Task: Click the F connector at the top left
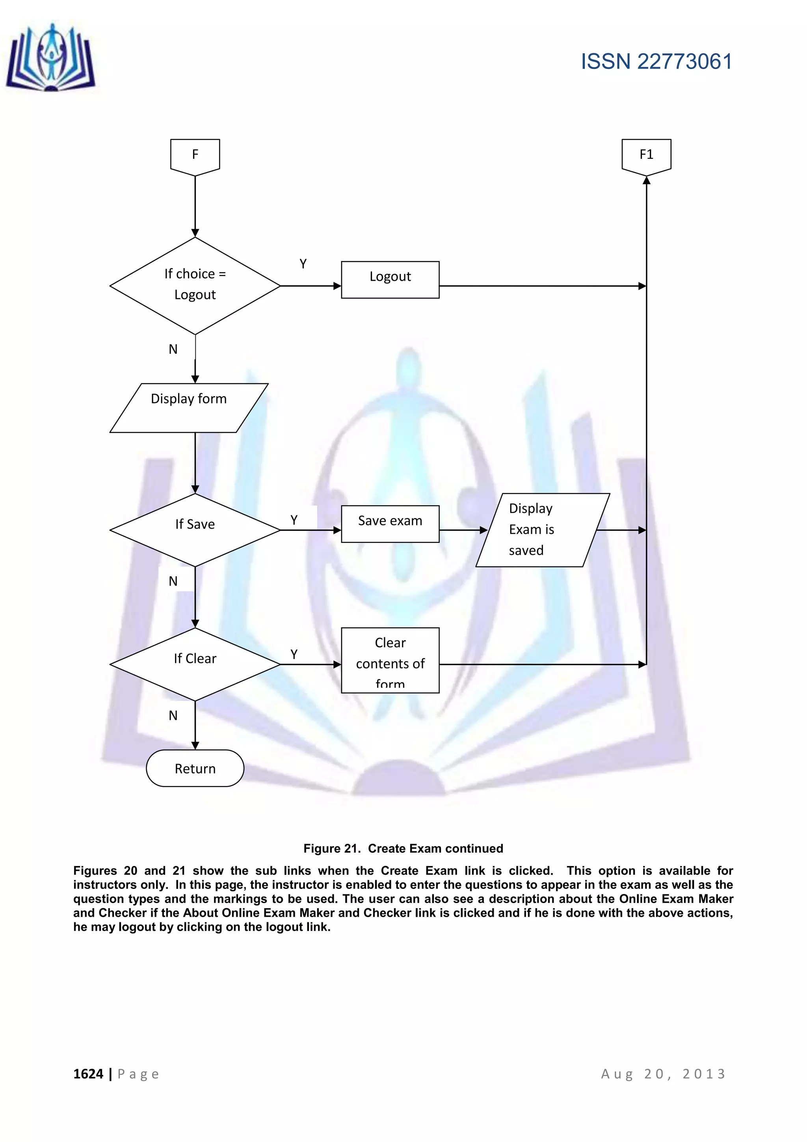pyautogui.click(x=195, y=156)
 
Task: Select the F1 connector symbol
pyautogui.click(x=646, y=156)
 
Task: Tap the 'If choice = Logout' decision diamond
pyautogui.click(x=195, y=285)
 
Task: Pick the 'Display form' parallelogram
pyautogui.click(x=189, y=407)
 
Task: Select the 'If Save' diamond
pyautogui.click(x=195, y=530)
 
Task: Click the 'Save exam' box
pyautogui.click(x=390, y=524)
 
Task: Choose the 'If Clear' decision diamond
pyautogui.click(x=195, y=664)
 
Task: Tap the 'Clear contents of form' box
pyautogui.click(x=390, y=660)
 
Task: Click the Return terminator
pyautogui.click(x=195, y=769)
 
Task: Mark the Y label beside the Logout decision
pyautogui.click(x=303, y=264)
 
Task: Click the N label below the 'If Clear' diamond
pyautogui.click(x=173, y=715)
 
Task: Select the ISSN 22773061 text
pyautogui.click(x=656, y=62)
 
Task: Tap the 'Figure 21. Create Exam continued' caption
pyautogui.click(x=403, y=849)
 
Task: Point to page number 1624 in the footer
pyautogui.click(x=88, y=1074)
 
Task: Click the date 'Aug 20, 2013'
pyautogui.click(x=664, y=1074)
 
